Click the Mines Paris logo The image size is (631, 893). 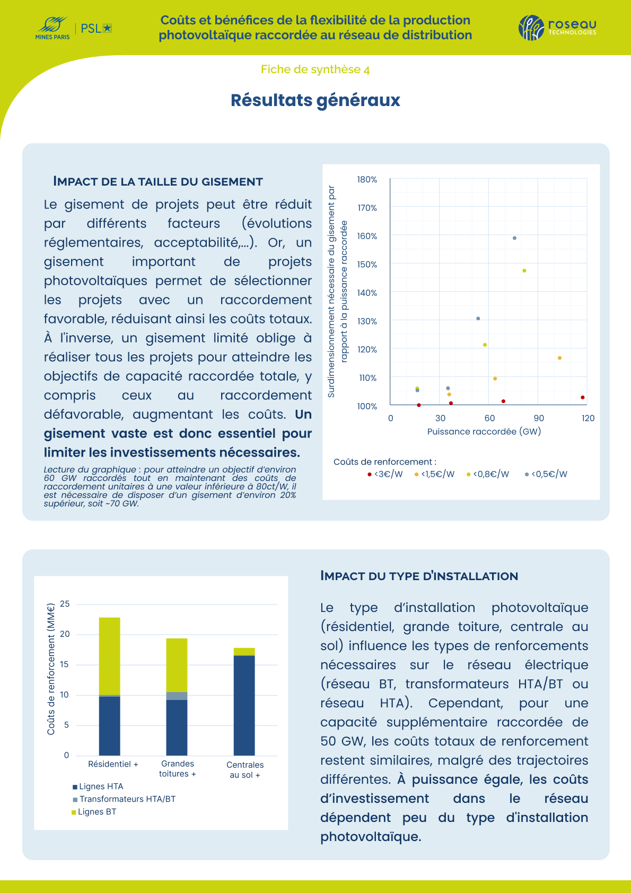(x=52, y=28)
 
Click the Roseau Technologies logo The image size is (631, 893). (x=557, y=28)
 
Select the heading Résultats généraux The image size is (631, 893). (x=315, y=100)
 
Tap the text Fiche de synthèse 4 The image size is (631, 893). (x=315, y=70)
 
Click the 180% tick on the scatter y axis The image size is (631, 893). (x=367, y=179)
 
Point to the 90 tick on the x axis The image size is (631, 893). (x=539, y=418)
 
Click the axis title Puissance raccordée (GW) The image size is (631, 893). (x=484, y=432)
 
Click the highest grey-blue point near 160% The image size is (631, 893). (x=514, y=238)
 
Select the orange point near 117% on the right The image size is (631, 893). (x=559, y=358)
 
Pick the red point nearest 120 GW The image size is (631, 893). (x=583, y=398)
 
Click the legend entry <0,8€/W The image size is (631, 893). (x=488, y=474)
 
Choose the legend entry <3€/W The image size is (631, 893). (x=385, y=474)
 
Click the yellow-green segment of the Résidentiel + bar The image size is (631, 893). (x=110, y=656)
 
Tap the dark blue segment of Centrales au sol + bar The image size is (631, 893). (x=244, y=705)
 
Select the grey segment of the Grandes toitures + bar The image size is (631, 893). (x=177, y=696)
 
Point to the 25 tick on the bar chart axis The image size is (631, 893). (x=65, y=604)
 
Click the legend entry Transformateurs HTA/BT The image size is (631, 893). (x=124, y=799)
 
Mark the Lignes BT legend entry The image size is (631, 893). (x=94, y=812)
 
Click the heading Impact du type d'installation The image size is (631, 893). (x=419, y=576)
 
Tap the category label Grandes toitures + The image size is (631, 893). (x=178, y=768)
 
